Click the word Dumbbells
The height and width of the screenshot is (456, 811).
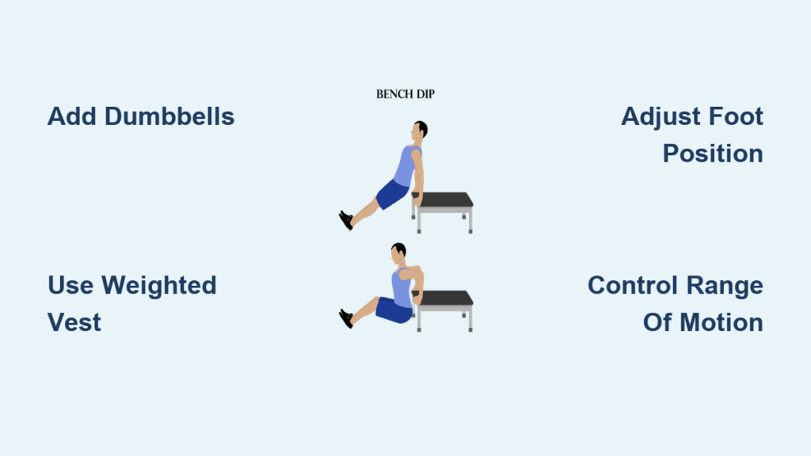coord(169,116)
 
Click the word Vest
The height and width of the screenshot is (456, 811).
coord(74,323)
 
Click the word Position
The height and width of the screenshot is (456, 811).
coord(713,154)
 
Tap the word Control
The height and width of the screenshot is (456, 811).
coord(633,285)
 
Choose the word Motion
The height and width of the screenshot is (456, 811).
coord(722,323)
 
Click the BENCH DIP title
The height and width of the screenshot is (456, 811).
coord(405,94)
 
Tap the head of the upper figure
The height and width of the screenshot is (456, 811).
coord(420,129)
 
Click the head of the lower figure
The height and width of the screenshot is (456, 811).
coord(398,252)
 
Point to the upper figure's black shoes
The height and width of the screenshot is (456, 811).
coord(346,220)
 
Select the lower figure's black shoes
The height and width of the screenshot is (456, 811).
coord(346,318)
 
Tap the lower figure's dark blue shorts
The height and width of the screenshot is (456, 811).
coord(394,310)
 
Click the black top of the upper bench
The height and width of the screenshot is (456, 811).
coord(444,199)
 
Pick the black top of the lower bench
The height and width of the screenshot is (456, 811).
coord(444,298)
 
